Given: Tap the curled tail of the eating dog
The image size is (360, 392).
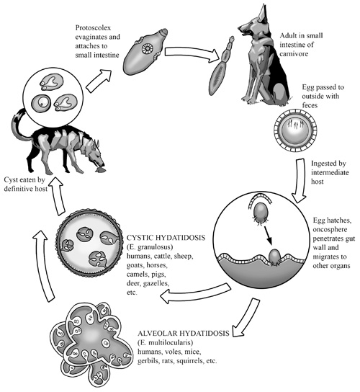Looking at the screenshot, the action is coord(18,125).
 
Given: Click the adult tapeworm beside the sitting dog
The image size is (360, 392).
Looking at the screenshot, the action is coord(221,66).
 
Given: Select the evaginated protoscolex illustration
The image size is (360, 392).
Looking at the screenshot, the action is coord(145,51).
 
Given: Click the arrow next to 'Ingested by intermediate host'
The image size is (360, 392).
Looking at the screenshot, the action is coord(300,180).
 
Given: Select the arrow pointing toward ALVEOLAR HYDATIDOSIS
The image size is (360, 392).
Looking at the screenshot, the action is coord(246,318).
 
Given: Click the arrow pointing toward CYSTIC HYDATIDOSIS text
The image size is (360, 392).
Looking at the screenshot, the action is coord(195,293).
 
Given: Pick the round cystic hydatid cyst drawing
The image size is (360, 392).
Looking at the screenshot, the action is coord(90,244).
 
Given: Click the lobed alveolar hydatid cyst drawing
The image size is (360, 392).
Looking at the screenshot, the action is coord(91,343).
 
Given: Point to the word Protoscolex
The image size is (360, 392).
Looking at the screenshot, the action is coord(93,28).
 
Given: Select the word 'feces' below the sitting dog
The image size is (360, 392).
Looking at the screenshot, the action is coord(310,105).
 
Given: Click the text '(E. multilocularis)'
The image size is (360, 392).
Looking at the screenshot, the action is coord(165,342).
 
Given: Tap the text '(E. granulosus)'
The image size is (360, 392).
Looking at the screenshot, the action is coord(150,247).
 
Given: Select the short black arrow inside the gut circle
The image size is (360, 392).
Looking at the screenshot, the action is coord(267,235).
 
